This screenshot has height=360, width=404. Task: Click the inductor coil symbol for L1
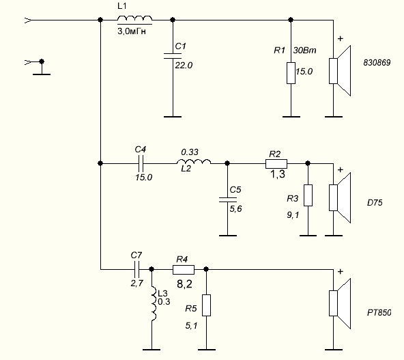coord(134,18)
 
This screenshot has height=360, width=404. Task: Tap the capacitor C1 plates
coord(173,56)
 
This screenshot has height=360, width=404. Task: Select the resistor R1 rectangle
coord(291,73)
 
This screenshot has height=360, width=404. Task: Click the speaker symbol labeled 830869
coord(340,70)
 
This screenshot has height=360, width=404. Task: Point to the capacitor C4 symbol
coord(141,163)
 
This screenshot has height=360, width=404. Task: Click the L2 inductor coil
coord(194,162)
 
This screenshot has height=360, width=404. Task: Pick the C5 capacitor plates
coord(227,199)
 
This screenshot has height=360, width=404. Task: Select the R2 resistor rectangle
coord(276,164)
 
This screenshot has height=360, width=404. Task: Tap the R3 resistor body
coord(308,195)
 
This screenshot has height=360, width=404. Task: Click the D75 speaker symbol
coord(340,198)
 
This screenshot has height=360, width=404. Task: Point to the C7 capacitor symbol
coord(136,269)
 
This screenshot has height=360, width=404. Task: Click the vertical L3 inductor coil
coord(154,303)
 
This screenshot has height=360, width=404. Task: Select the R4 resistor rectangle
coord(184,270)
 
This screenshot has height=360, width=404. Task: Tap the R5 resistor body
coord(206,305)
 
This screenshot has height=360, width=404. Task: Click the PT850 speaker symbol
coord(340,303)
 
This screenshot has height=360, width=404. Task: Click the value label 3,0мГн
coord(132,31)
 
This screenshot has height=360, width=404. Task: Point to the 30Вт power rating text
coord(304,51)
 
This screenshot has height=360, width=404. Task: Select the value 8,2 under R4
coord(184,284)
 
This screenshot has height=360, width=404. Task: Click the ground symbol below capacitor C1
coord(173,117)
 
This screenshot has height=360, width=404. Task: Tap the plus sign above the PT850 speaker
coord(341,272)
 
